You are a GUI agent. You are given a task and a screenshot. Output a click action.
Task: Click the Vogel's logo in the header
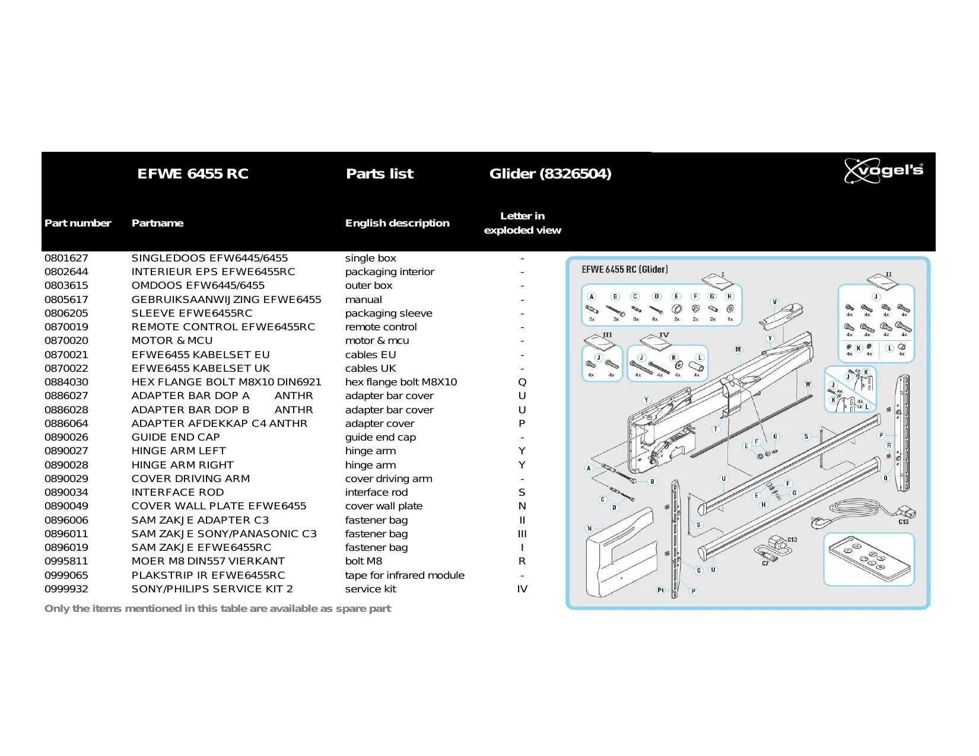[x=883, y=171]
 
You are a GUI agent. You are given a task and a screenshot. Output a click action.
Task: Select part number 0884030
[x=66, y=382]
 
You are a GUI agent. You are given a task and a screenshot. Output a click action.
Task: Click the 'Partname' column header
[x=157, y=224]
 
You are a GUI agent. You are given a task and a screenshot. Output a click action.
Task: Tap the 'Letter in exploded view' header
[x=522, y=224]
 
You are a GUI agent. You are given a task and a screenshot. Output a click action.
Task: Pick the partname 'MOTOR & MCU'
[x=172, y=341]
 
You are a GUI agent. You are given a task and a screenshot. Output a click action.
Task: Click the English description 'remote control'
[x=381, y=327]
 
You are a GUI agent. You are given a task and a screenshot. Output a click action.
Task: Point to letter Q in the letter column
[x=522, y=382]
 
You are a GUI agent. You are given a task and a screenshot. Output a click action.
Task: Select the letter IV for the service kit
[x=522, y=589]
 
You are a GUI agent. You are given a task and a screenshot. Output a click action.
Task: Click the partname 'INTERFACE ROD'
[x=177, y=493]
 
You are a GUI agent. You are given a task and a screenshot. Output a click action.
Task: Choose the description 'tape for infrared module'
[x=405, y=576]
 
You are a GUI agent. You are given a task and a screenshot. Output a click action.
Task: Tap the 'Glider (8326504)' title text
[x=550, y=174]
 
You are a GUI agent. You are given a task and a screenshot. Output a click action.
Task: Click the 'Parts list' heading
[x=380, y=174]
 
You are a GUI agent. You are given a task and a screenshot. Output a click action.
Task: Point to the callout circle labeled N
[x=589, y=528]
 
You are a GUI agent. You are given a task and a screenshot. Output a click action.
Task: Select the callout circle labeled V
[x=774, y=302]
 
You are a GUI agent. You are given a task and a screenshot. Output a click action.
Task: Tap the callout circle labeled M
[x=738, y=349]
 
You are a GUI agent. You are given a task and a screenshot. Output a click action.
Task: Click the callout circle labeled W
[x=808, y=384]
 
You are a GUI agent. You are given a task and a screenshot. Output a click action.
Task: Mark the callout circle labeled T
[x=716, y=429]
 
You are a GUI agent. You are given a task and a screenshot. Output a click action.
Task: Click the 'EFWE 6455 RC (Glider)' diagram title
[x=625, y=270]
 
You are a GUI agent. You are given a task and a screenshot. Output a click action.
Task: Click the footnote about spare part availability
[x=218, y=609]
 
